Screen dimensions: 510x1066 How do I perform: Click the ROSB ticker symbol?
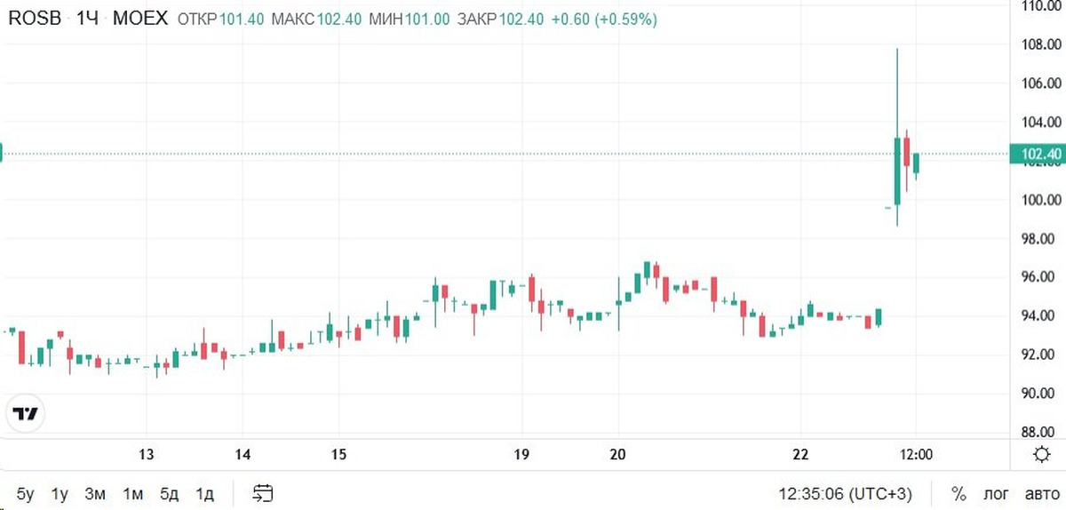coord(35,19)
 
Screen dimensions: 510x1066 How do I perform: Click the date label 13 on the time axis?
coord(147,455)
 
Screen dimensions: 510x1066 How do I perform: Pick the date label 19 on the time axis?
coord(521,455)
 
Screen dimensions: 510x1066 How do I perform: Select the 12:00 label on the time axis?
coord(916,455)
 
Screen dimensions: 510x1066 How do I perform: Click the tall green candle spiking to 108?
coord(896,169)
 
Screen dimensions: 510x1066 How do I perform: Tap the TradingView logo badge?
coord(27,414)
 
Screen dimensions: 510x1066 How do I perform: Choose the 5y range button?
coord(25,493)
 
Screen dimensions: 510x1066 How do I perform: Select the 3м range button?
coord(95,493)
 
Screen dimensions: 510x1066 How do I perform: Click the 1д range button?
coord(205,493)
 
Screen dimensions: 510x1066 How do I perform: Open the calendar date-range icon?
coord(263,493)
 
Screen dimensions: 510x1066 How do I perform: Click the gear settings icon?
coord(1043,455)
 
